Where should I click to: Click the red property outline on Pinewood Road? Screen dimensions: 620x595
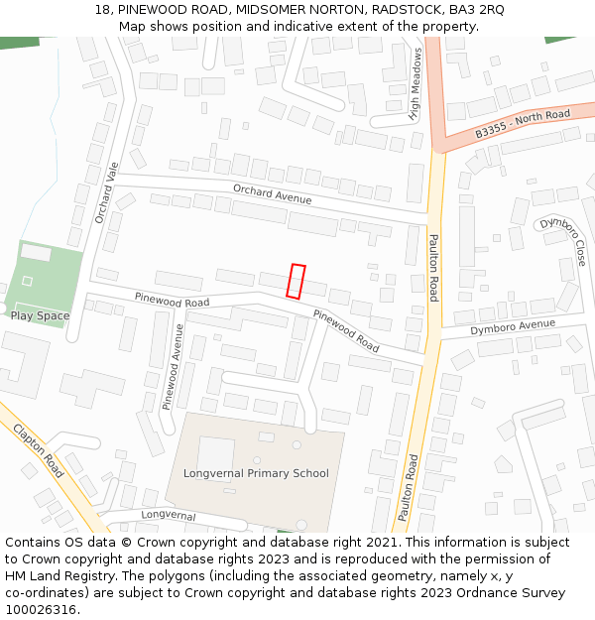[x=296, y=281]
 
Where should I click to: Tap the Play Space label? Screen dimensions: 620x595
[x=40, y=315]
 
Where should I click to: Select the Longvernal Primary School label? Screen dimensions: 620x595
[x=256, y=473]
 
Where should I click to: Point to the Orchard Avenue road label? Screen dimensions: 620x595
[x=272, y=193]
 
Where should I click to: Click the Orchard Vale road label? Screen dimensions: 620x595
[x=106, y=191]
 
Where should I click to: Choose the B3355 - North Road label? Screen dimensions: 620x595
[x=522, y=123]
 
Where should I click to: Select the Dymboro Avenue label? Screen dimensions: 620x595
[x=513, y=326]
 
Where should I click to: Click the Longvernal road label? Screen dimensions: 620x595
[x=168, y=516]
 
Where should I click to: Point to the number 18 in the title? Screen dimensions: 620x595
[x=102, y=9]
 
